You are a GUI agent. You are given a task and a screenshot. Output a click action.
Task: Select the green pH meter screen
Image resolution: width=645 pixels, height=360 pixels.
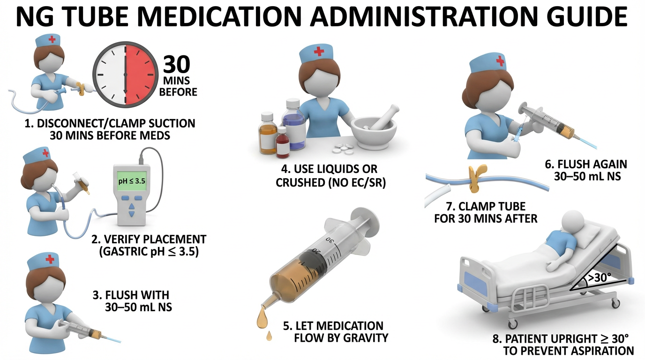click(x=132, y=181)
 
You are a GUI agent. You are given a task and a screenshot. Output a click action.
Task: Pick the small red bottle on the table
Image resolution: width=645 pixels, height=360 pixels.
click(x=283, y=142)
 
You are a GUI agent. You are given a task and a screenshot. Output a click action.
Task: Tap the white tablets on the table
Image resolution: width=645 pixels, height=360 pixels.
click(x=343, y=149)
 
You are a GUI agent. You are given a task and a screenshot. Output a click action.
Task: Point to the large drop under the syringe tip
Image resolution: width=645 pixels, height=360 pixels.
click(x=262, y=320)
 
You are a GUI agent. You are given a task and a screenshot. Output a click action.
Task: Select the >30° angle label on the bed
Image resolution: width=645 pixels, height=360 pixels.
click(x=600, y=277)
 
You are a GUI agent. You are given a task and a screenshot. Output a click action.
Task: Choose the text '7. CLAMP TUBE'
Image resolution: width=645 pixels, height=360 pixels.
click(x=486, y=207)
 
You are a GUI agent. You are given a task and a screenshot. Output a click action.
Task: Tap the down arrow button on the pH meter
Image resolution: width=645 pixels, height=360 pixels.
click(x=132, y=214)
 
